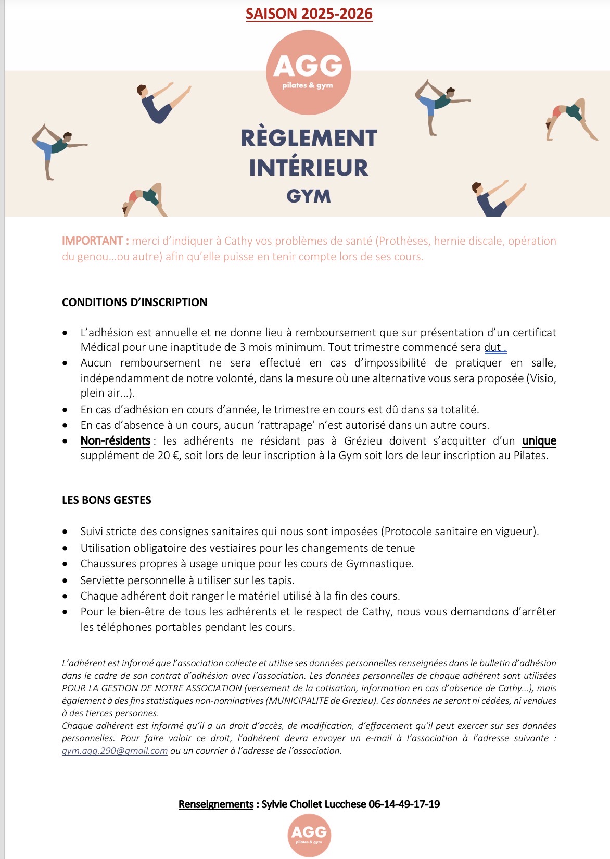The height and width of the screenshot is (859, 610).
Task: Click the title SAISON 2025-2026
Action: (309, 14)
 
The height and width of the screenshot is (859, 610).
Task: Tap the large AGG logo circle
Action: (308, 72)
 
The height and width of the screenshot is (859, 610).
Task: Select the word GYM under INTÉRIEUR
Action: (309, 196)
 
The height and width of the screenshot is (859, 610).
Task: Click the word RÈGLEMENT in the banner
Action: (309, 138)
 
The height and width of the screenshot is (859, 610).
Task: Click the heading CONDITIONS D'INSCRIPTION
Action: (134, 302)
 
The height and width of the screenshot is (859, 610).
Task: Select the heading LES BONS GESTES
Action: (106, 500)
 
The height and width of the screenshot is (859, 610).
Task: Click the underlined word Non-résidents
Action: (115, 441)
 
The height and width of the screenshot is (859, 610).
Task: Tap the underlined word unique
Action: (539, 441)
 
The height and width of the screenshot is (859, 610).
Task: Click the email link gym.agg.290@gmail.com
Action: (115, 751)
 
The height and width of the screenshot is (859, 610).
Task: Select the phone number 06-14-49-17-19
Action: (404, 804)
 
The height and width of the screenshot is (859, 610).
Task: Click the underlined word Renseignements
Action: (215, 804)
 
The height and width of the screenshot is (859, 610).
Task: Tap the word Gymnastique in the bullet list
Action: (378, 564)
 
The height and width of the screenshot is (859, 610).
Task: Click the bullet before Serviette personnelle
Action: (65, 580)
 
